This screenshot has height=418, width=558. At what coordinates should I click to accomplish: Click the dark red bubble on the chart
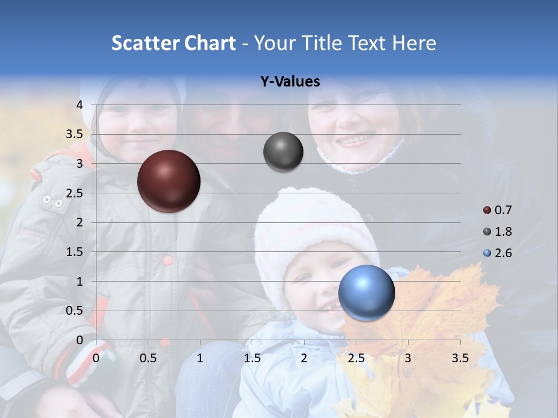169,181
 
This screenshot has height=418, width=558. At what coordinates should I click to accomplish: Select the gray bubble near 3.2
283,152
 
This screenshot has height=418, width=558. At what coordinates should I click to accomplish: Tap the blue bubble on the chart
366,293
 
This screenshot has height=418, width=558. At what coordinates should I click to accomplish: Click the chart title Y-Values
289,82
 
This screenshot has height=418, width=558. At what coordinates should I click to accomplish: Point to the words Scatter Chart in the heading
173,43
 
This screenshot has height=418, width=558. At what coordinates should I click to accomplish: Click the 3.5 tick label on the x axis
460,358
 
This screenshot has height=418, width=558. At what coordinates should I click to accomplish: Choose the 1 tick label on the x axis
200,358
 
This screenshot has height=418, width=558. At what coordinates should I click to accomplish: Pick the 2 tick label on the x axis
304,358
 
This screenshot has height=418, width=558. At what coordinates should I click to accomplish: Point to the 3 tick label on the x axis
408,358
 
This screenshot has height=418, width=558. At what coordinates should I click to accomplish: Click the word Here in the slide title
414,43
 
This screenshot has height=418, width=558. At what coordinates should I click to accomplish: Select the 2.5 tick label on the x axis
356,358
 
